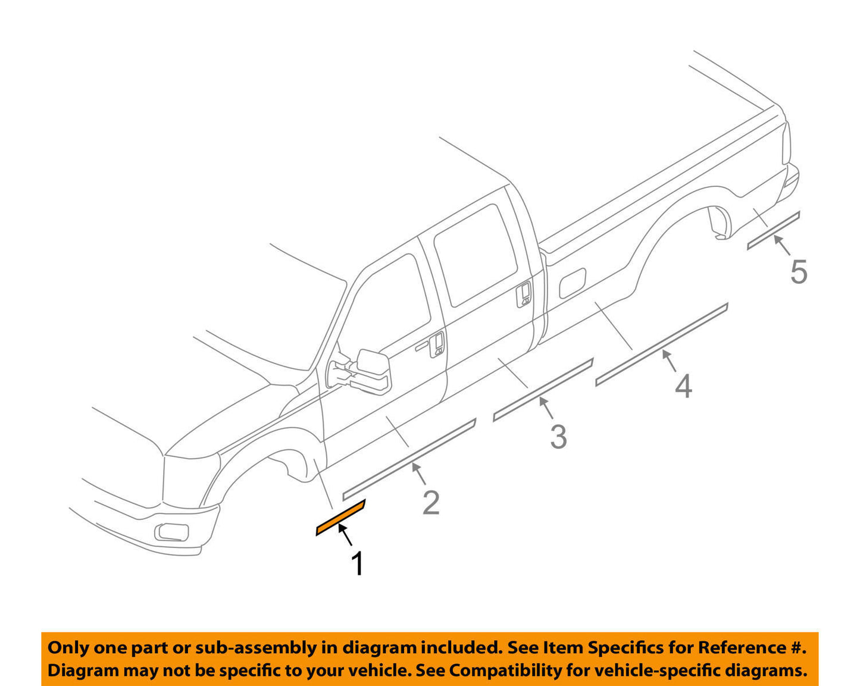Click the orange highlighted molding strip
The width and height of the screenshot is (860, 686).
pyautogui.click(x=340, y=518)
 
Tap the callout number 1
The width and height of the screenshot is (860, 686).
pyautogui.click(x=357, y=563)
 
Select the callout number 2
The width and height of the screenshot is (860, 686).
pyautogui.click(x=431, y=503)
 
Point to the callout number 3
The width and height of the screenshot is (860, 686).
pyautogui.click(x=558, y=437)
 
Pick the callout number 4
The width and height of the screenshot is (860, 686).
pyautogui.click(x=683, y=387)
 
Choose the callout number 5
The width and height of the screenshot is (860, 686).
pyautogui.click(x=799, y=272)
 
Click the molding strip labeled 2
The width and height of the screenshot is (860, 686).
pyautogui.click(x=409, y=459)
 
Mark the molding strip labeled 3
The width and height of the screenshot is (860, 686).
pyautogui.click(x=543, y=390)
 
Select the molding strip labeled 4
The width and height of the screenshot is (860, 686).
pyautogui.click(x=661, y=344)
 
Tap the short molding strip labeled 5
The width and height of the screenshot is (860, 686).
pyautogui.click(x=773, y=231)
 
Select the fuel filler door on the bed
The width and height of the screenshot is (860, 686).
pyautogui.click(x=573, y=282)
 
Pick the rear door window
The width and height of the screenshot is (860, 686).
pyautogui.click(x=476, y=254)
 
